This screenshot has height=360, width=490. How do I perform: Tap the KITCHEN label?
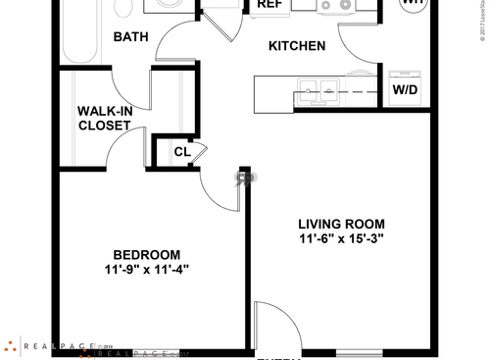click(297, 46)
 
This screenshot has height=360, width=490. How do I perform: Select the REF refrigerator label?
click(269, 5)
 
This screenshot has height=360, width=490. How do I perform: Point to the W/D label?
click(405, 90)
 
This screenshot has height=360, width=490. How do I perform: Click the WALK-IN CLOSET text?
click(105, 118)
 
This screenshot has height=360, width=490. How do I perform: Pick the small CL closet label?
click(181, 152)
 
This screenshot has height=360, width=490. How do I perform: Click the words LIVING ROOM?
click(341, 223)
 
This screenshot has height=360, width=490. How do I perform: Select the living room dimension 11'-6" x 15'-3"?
click(341, 238)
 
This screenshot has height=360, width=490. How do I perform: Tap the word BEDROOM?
click(145, 252)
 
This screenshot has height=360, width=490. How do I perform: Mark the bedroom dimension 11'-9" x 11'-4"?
click(145, 269)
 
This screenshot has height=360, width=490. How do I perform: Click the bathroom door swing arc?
click(176, 39)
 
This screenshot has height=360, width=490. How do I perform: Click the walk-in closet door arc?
click(127, 145)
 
